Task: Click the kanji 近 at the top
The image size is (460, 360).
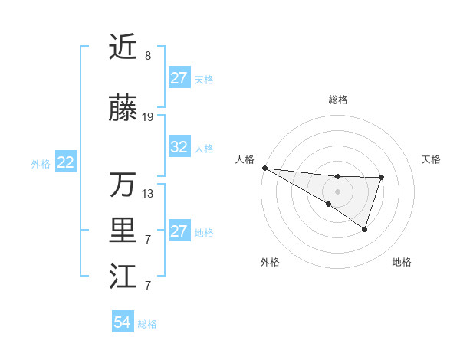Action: (x=123, y=47)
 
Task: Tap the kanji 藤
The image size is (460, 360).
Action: (x=123, y=110)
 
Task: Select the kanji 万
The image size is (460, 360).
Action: (x=123, y=184)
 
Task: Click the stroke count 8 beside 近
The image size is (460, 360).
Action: (x=148, y=56)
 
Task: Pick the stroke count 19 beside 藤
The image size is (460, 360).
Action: (x=148, y=117)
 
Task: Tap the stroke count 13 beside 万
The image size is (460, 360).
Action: (x=148, y=193)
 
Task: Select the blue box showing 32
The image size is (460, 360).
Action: (x=179, y=148)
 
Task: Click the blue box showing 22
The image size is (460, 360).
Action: (x=66, y=162)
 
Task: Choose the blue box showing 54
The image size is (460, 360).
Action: (x=122, y=323)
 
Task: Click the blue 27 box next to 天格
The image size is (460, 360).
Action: (x=179, y=78)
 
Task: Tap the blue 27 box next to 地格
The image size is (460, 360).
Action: (x=179, y=231)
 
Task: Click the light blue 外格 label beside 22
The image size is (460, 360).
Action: (x=41, y=163)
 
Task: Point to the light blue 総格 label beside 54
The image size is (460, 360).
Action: (x=147, y=324)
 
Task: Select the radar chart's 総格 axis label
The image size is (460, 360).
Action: (x=337, y=100)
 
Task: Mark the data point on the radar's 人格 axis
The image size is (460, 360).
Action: (x=264, y=168)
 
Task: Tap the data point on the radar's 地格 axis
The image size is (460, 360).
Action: (x=365, y=229)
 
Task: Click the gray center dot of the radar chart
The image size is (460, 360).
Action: (x=337, y=190)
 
